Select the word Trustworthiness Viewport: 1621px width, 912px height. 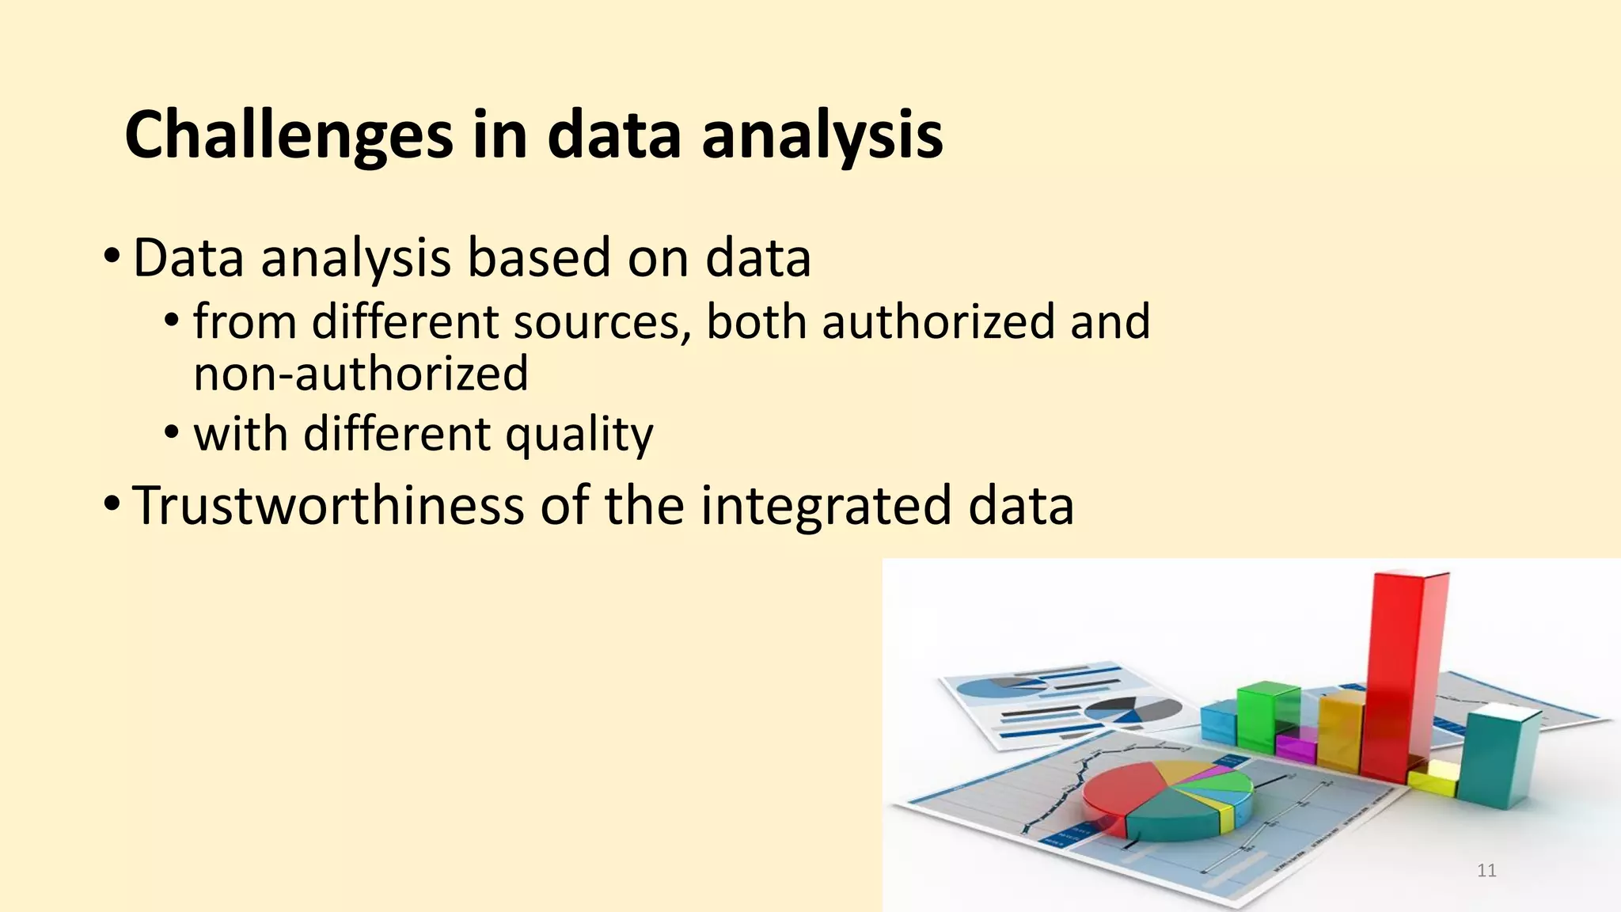click(328, 505)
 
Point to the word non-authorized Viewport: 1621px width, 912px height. click(361, 374)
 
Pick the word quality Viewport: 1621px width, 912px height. click(579, 435)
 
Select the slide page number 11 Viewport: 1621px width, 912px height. click(1486, 871)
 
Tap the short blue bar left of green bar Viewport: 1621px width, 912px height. click(1217, 722)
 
